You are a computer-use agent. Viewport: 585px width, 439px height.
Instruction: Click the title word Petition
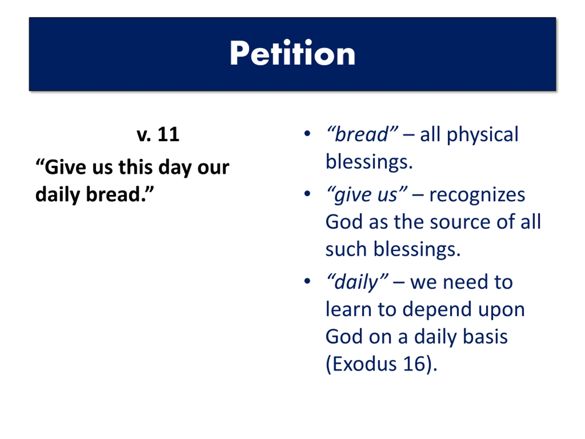292,53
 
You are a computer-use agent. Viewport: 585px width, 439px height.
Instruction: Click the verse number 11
168,134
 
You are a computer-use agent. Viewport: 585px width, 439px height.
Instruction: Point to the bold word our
213,168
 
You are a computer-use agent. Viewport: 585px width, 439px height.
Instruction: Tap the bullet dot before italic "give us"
307,193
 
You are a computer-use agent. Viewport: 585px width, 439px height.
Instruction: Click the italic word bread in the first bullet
362,134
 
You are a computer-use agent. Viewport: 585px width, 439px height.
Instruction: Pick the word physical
482,135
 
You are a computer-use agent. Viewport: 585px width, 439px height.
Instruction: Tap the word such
346,249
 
